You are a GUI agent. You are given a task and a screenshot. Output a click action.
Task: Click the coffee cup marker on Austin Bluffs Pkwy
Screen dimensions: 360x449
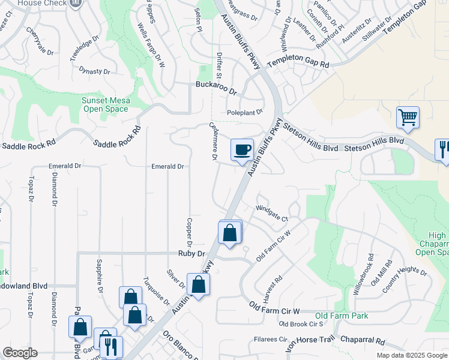point(242,149)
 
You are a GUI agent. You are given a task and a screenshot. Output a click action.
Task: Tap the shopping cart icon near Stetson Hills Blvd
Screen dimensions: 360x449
point(408,117)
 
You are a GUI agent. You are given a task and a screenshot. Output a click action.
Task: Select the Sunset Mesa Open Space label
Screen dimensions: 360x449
point(105,104)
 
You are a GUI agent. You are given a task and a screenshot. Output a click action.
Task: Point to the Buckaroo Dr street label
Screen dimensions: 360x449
point(217,85)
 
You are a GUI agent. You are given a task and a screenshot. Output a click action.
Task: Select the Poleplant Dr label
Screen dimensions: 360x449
point(245,112)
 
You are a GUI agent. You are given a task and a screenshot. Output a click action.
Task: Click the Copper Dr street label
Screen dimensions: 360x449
point(188,232)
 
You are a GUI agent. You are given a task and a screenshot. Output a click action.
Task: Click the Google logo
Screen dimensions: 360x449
point(20,353)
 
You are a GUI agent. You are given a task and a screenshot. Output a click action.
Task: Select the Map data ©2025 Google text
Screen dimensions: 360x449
point(411,355)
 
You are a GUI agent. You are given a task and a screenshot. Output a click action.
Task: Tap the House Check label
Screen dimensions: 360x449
point(41,3)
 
